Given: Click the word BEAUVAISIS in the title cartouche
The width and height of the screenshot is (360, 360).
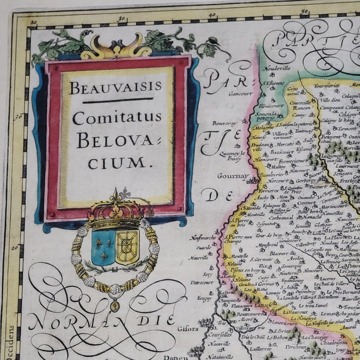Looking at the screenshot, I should (115, 88).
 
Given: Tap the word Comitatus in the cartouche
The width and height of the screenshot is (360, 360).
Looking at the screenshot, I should (117, 118).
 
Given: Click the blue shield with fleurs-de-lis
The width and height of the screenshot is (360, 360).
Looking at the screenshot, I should (103, 247).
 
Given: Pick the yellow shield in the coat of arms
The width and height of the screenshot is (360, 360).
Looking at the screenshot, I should (127, 247).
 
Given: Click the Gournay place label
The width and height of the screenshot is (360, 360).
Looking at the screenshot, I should (232, 176).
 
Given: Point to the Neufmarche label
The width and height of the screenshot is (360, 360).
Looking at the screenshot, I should (202, 238).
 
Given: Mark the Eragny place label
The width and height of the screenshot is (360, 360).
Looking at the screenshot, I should (204, 298).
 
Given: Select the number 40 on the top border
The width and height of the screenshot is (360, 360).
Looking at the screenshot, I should (212, 15).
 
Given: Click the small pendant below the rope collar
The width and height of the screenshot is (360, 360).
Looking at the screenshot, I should (114, 307).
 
